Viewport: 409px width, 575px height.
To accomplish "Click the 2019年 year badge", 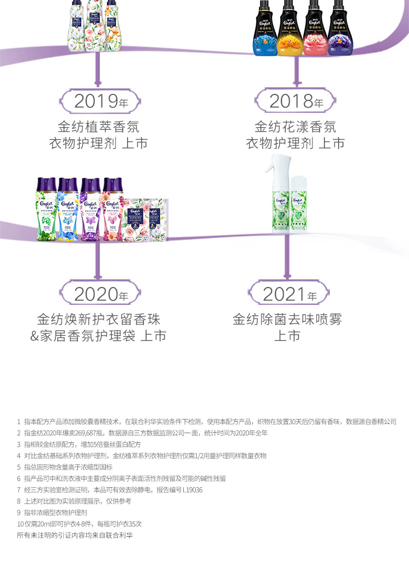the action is pos(98,101).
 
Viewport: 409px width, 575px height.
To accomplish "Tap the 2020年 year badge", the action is pos(98,295).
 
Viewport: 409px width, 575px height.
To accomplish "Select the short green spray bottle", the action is pos(299,205).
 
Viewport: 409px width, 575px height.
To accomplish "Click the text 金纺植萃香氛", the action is pos(98,127).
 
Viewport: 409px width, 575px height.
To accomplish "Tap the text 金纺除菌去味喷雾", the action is pos(287,319).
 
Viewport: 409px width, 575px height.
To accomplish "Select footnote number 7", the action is pos(19,490).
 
